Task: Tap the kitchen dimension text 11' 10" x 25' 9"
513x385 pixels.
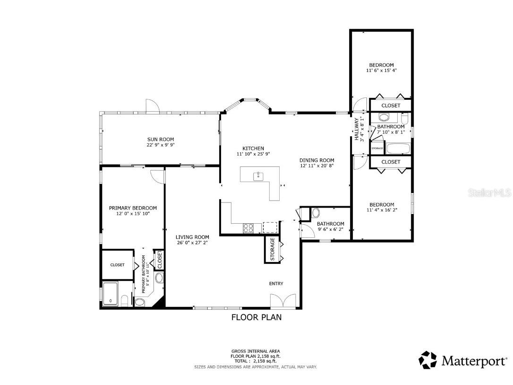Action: pos(253,154)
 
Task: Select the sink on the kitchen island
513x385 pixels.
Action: pos(258,176)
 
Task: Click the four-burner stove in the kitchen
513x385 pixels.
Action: pos(248,228)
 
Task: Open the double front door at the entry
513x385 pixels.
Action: pos(283,301)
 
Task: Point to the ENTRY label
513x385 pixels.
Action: pos(276,284)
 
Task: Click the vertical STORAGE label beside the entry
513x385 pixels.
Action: pos(273,249)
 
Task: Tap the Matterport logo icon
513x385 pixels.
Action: pos(427,360)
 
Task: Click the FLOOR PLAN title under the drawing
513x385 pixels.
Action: pos(256,317)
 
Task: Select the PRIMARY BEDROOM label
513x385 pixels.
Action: pos(133,208)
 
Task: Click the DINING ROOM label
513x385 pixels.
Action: pos(316,160)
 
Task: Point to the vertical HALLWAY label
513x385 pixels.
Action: pos(357,129)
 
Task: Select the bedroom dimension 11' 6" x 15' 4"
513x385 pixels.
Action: pos(381,70)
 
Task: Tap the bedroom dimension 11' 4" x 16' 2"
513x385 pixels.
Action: pos(381,210)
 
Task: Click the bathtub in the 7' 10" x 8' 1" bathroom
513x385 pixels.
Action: pos(398,148)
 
